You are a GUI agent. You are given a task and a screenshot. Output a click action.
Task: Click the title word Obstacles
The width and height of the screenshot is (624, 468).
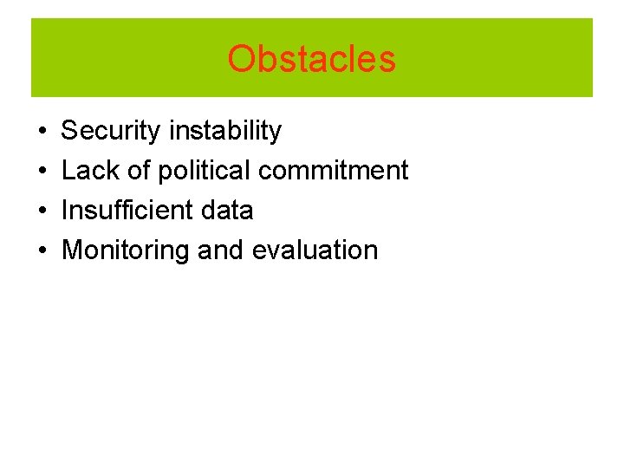[x=311, y=59]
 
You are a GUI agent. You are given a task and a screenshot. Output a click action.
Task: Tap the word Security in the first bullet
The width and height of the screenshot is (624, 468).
[x=111, y=131]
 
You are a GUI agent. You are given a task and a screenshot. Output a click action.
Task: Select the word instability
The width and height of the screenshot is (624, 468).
[x=224, y=131]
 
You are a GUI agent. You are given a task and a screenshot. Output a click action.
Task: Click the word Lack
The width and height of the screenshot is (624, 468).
[x=91, y=171]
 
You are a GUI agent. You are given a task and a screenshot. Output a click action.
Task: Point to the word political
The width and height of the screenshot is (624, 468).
[x=205, y=171]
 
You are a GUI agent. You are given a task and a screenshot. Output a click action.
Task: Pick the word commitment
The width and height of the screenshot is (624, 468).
[x=334, y=171]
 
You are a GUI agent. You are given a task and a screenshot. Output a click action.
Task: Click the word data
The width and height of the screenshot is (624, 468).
[x=226, y=210]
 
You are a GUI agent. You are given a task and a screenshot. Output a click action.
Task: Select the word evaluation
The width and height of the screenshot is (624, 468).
[x=315, y=250]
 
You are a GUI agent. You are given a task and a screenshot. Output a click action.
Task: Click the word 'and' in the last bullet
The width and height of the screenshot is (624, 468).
[x=221, y=250]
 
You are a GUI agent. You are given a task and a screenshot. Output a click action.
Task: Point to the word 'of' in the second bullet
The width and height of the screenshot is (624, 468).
[x=139, y=171]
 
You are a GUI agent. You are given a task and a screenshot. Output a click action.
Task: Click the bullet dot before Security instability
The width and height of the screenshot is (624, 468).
[x=42, y=132]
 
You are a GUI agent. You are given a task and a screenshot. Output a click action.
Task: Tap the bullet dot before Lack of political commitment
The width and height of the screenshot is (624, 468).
[x=42, y=172]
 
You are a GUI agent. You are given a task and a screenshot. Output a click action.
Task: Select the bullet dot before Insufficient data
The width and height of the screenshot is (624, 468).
[x=42, y=211]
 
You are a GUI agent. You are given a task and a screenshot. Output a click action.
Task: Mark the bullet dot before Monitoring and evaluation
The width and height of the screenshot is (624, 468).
[x=42, y=250]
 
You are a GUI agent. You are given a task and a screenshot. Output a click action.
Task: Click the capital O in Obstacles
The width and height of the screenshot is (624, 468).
[x=240, y=59]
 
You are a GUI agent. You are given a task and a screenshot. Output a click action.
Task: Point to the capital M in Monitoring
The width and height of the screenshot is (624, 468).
[x=73, y=250]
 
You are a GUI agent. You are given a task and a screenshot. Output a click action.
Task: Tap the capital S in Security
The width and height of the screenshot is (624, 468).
[x=70, y=131]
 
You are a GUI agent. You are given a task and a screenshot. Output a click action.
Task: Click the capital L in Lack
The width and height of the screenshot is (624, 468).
[x=68, y=171]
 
